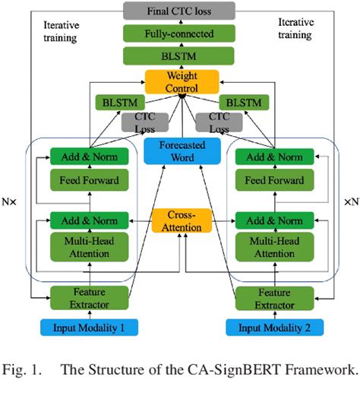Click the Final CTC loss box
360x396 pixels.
click(x=180, y=11)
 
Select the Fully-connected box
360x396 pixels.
click(x=180, y=34)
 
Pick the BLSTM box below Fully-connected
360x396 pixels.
click(x=180, y=57)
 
